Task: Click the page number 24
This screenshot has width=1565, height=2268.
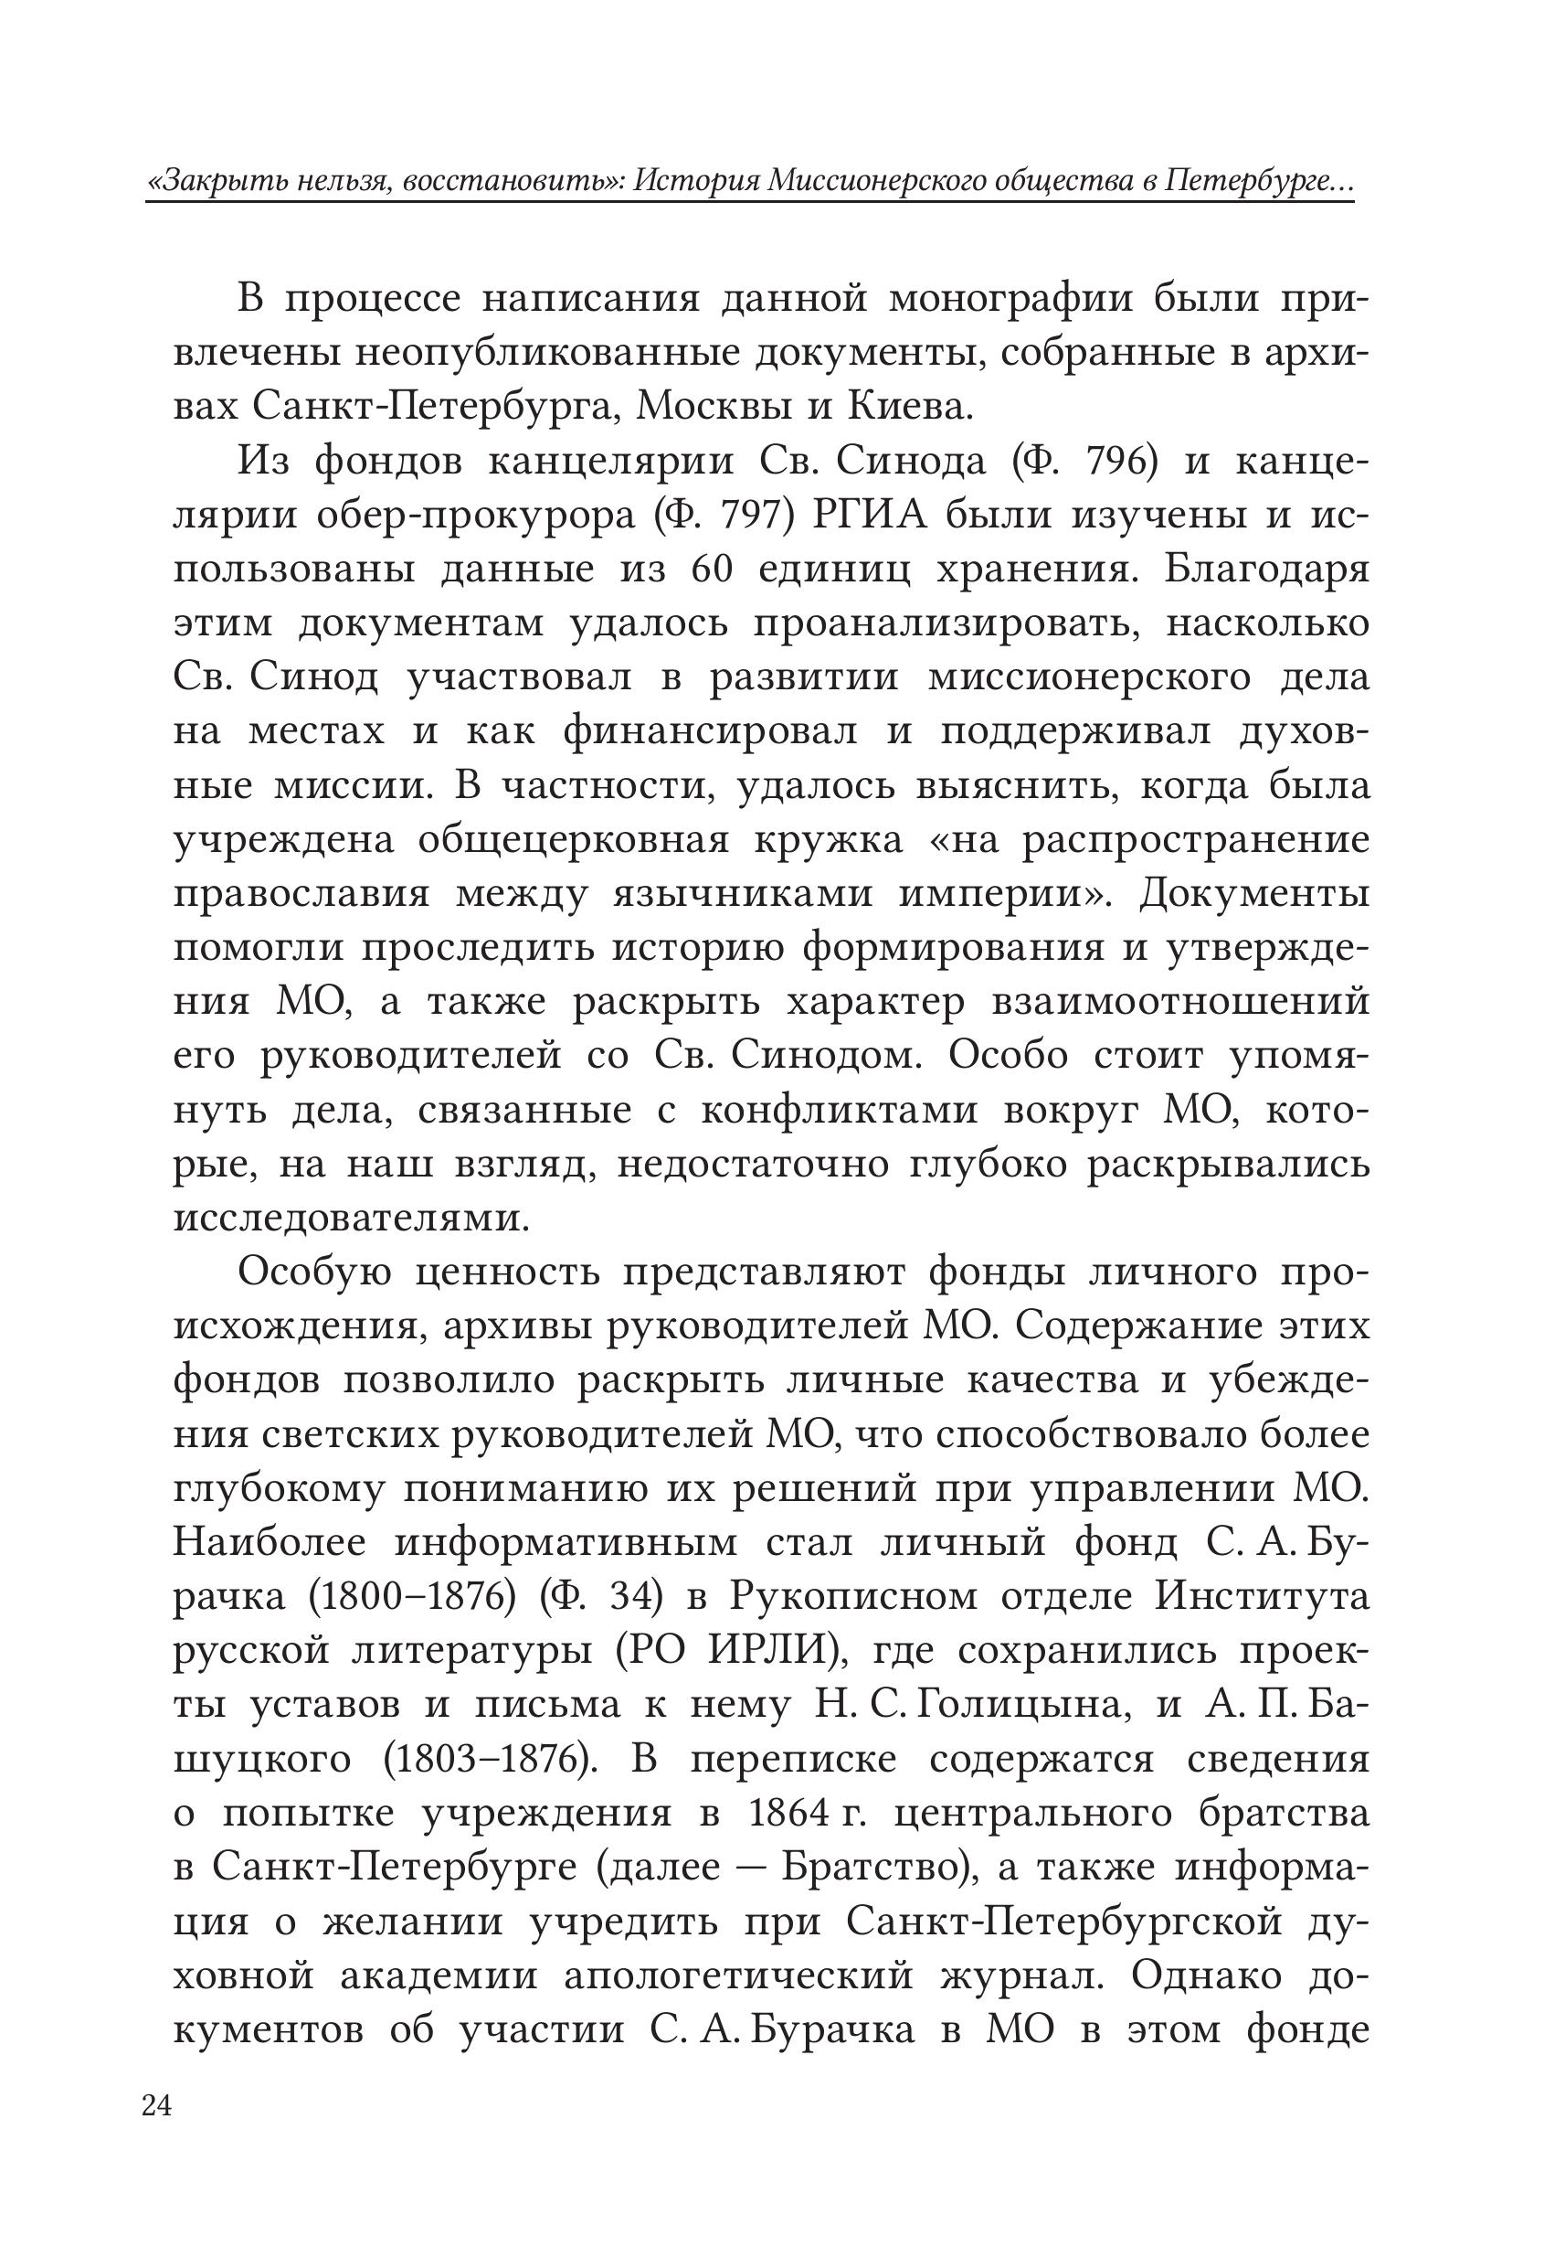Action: pos(157,2107)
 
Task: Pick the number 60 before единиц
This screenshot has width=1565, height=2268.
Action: pos(712,569)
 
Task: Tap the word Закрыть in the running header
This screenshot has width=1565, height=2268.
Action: pos(211,182)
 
